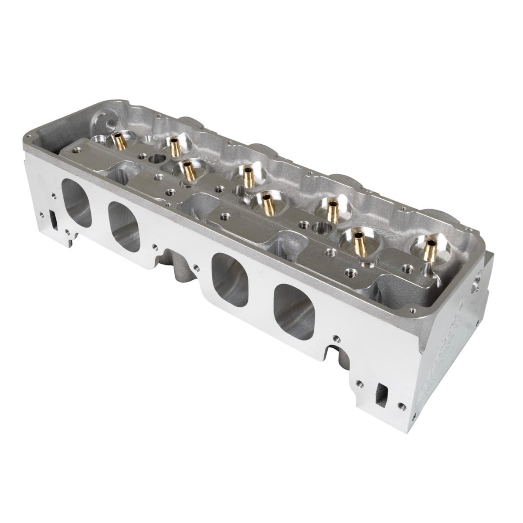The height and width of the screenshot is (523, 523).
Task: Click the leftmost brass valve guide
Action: coord(118,141)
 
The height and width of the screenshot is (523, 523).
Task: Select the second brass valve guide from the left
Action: coord(175,146)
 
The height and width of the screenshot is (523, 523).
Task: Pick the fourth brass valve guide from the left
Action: coord(248,176)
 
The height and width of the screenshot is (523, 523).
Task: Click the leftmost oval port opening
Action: coord(76,203)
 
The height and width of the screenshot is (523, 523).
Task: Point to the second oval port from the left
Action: coord(124,227)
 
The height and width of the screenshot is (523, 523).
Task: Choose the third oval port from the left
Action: coord(229,279)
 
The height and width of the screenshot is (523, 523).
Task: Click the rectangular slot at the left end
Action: coord(54,220)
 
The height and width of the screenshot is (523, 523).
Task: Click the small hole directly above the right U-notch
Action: coord(335,337)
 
